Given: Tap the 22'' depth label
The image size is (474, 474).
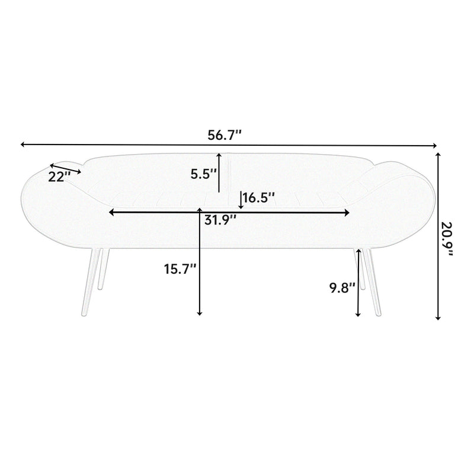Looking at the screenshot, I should point(60,177).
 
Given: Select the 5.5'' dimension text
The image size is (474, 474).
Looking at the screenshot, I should point(203,174).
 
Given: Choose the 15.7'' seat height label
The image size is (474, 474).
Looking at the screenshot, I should point(181,269).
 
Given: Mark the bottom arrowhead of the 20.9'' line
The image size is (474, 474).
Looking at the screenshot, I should point(438,317).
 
